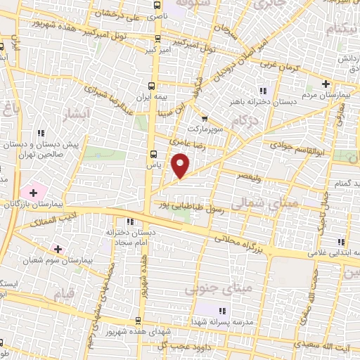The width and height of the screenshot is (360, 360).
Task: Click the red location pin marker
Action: pos(181,165)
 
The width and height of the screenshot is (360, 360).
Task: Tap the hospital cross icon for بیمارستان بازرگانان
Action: pos(33,191)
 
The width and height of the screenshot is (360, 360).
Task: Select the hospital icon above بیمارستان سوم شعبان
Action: pos(58,249)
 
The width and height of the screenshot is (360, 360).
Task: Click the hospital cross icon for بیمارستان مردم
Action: pos(326,84)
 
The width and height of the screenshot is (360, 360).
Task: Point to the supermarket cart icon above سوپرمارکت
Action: pos(205,119)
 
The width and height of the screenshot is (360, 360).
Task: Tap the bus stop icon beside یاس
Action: pos(153,155)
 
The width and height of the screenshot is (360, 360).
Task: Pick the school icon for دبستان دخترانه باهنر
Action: pos(263,91)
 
